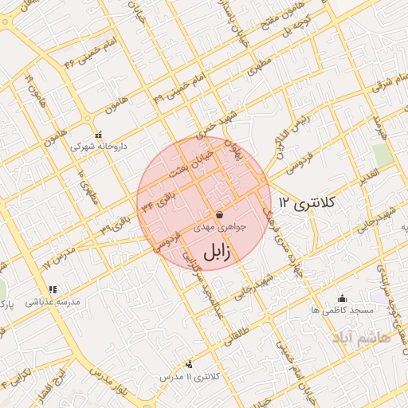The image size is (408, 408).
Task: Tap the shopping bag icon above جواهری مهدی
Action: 219,214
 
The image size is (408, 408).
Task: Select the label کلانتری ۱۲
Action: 309,204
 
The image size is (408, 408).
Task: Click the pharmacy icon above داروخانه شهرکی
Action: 97,135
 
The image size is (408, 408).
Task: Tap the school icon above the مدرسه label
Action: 53,289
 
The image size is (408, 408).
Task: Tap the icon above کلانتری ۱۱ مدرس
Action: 188,364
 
